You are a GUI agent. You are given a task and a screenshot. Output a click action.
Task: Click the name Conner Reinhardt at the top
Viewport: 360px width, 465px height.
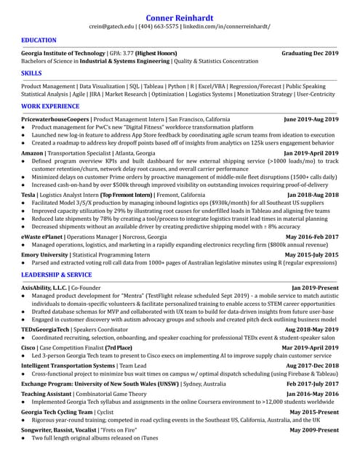[180, 17]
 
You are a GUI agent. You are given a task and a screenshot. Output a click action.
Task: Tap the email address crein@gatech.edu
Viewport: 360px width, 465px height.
[111, 27]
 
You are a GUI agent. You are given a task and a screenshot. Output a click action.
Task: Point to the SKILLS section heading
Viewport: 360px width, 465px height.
[31, 74]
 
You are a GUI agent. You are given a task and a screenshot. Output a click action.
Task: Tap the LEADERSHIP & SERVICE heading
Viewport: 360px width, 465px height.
[57, 275]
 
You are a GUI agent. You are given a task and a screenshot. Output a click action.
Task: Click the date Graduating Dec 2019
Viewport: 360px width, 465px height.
[310, 54]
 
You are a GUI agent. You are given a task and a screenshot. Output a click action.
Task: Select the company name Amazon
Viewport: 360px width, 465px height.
[33, 154]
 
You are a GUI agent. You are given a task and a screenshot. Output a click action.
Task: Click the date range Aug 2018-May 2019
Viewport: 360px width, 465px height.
[312, 329]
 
